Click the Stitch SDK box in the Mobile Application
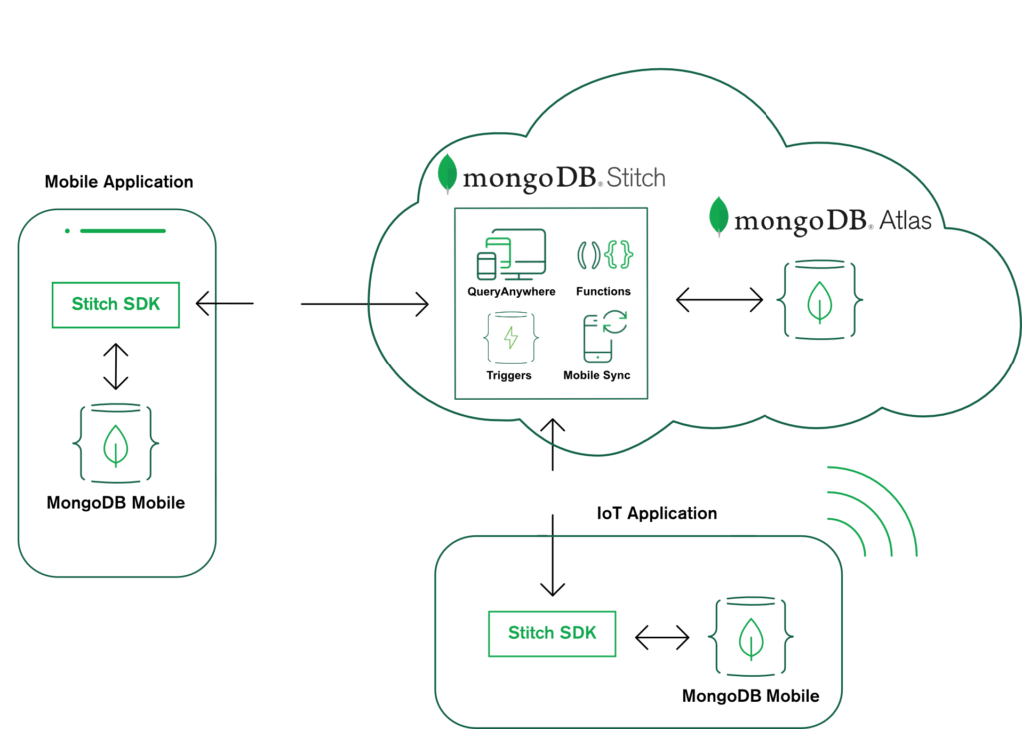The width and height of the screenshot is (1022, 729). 116,304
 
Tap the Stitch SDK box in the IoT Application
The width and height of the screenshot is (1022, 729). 552,633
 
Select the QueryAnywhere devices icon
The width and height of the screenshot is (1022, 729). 512,255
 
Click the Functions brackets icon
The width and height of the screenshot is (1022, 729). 605,255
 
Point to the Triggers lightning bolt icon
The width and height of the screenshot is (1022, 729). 511,338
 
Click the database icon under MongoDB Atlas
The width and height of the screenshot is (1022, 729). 820,300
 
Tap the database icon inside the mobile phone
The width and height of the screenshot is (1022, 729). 116,444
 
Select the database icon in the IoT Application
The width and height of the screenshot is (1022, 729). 751,636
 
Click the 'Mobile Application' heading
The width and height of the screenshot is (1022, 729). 119,182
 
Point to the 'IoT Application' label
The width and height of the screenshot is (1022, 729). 657,514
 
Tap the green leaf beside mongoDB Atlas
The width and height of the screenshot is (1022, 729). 719,216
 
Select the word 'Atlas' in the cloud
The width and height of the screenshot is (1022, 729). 905,221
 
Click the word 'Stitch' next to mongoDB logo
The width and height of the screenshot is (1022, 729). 636,178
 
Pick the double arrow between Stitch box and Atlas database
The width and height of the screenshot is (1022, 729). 719,300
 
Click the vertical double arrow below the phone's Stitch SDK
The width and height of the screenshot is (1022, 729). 116,366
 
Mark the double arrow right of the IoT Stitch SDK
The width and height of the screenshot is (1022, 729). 662,637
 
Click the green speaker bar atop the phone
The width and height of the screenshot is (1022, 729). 123,231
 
